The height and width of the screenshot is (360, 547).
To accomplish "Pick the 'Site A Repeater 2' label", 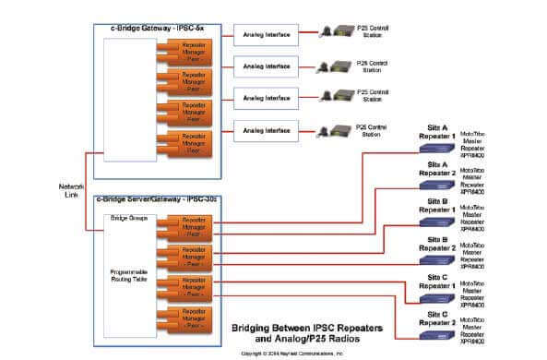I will coord(436,168).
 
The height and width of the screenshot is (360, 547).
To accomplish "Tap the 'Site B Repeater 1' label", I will coord(436,205).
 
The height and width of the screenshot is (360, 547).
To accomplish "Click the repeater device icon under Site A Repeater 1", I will coord(437,148).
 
